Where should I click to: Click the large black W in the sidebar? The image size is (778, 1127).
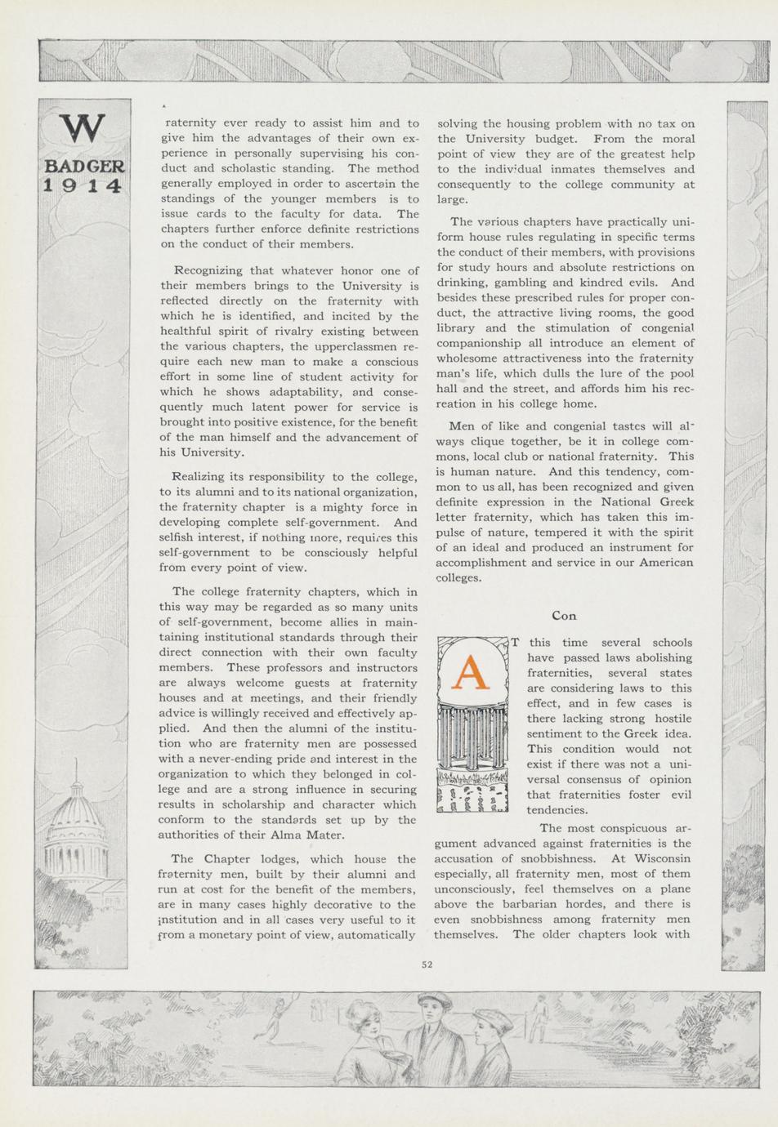(83, 129)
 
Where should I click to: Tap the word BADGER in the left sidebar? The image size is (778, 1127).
(83, 167)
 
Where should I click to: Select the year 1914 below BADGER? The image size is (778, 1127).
(83, 185)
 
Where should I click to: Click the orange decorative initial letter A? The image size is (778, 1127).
(470, 671)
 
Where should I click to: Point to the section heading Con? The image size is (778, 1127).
(564, 615)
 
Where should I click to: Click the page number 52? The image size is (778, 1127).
(427, 964)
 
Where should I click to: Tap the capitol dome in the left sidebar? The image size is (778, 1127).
(77, 817)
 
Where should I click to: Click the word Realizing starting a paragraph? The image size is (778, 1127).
(200, 477)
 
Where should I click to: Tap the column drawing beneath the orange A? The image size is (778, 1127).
(472, 739)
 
